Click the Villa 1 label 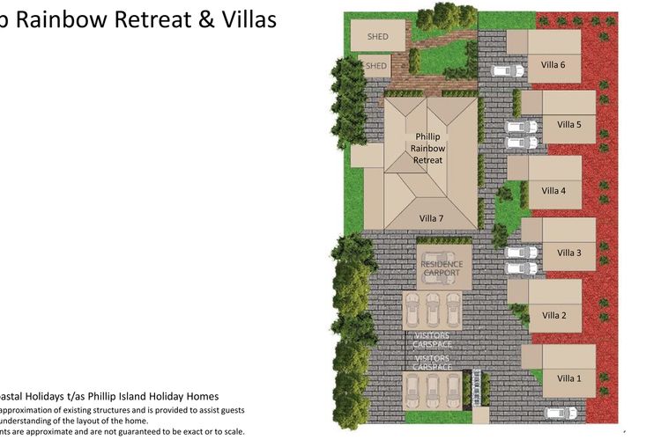(x=569, y=378)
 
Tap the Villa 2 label (x=554, y=315)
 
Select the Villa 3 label (x=569, y=253)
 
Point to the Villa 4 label (x=554, y=190)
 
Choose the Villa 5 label (x=569, y=125)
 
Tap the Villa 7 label (x=431, y=217)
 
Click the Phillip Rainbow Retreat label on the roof (x=428, y=149)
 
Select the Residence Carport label (x=441, y=268)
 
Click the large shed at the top (x=378, y=36)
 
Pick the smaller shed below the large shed (x=375, y=66)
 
